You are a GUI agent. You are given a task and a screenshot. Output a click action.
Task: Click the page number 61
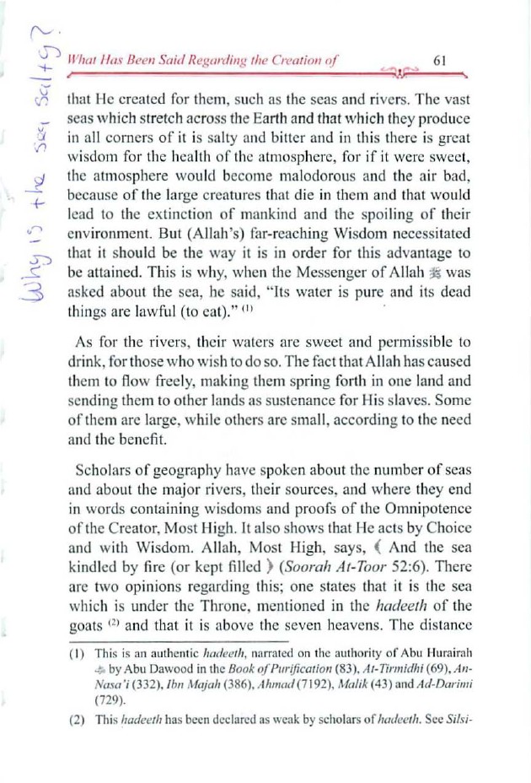pyautogui.click(x=438, y=61)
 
